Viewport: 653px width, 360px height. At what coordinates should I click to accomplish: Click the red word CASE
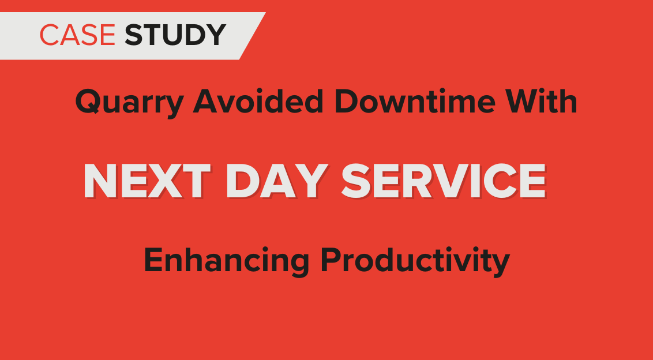click(77, 35)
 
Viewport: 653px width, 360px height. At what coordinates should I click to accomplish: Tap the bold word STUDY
click(175, 35)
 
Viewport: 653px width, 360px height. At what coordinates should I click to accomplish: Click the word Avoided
click(258, 102)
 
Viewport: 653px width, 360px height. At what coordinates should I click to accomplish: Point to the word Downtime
click(415, 102)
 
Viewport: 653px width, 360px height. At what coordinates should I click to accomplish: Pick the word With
click(542, 102)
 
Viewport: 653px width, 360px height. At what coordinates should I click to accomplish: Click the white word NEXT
click(147, 181)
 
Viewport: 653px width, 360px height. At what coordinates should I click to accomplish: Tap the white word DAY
click(277, 181)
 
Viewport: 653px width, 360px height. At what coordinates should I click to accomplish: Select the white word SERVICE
click(444, 181)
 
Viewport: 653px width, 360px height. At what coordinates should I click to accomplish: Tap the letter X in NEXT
click(164, 181)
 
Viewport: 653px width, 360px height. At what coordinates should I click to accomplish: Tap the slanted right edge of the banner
click(252, 36)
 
